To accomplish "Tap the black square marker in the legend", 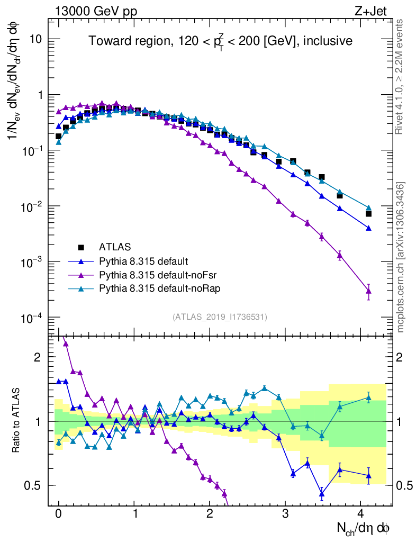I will (81, 247).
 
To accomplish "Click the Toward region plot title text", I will (220, 41).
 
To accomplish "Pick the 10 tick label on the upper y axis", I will (35, 39).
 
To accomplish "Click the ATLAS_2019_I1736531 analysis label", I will (220, 317).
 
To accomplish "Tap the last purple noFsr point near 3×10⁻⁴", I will (368, 291).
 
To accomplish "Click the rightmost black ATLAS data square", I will (368, 213).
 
